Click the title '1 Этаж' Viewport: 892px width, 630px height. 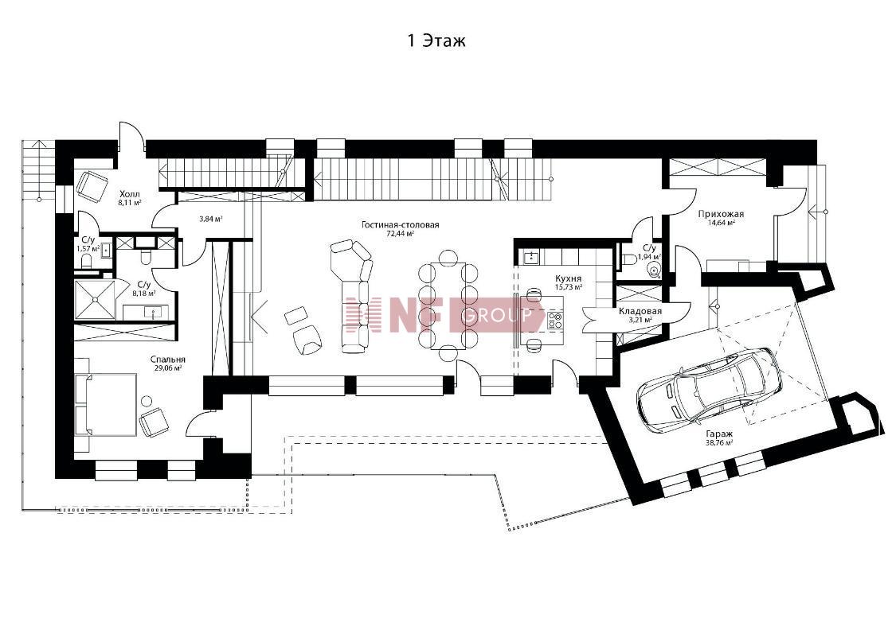tap(436, 41)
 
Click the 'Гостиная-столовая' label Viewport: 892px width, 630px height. tap(400, 224)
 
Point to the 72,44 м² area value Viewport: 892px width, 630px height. tap(400, 233)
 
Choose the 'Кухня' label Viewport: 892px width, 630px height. tap(569, 278)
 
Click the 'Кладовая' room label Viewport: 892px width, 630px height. tap(640, 311)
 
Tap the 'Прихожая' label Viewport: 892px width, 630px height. tap(721, 214)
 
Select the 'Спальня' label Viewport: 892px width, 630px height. tap(168, 360)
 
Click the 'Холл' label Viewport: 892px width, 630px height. tap(130, 194)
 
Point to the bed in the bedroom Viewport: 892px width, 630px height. tap(106, 404)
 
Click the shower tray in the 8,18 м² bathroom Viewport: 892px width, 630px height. tap(96, 299)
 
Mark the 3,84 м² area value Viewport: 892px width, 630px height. tap(210, 219)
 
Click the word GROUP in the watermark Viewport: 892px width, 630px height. tap(496, 315)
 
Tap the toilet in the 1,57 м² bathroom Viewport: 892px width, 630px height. tap(87, 262)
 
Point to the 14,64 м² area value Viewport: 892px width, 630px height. tap(721, 223)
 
